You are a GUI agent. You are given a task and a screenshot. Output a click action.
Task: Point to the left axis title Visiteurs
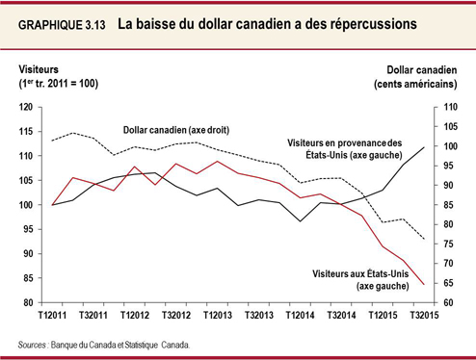click(x=44, y=69)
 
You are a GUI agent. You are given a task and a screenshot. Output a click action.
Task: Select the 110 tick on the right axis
click(x=449, y=107)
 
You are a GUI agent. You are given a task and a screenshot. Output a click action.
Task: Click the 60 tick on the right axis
click(x=447, y=302)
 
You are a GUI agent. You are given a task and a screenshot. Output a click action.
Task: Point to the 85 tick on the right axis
click(x=447, y=204)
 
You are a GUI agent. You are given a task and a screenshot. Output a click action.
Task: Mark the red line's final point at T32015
click(x=426, y=284)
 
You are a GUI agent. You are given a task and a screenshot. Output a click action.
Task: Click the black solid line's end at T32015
click(x=426, y=147)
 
